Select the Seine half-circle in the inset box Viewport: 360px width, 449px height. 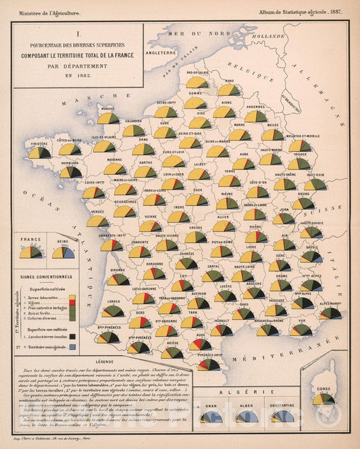point(63,253)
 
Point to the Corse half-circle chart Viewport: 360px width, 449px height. point(323,400)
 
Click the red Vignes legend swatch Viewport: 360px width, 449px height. point(72,303)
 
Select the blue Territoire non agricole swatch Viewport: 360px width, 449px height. point(72,346)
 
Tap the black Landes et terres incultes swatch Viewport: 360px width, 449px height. point(72,336)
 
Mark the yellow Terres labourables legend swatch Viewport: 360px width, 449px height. point(72,297)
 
